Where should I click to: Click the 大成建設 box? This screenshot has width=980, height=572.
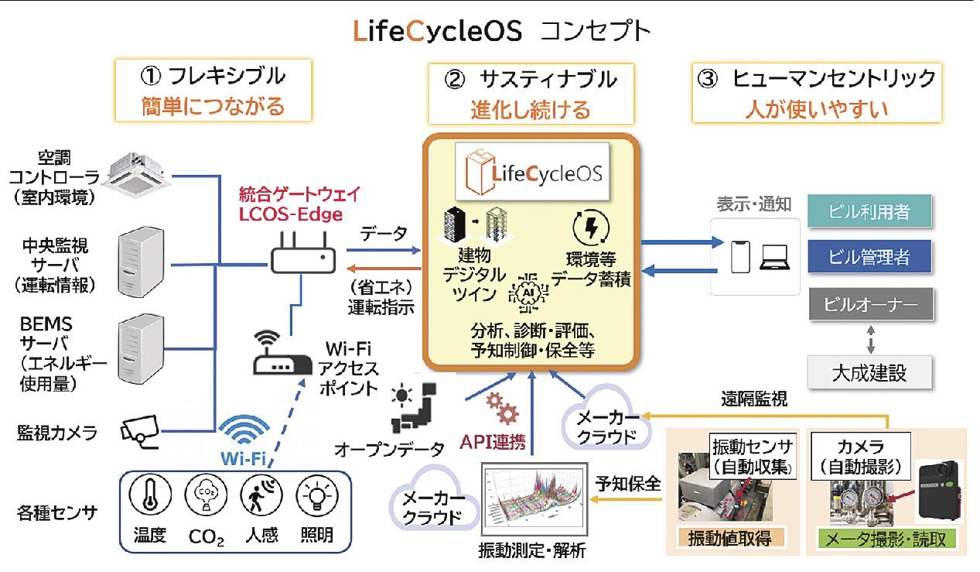pyautogui.click(x=869, y=372)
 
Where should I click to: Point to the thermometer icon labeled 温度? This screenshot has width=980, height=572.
pyautogui.click(x=145, y=495)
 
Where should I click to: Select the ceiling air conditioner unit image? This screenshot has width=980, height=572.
pyautogui.click(x=143, y=173)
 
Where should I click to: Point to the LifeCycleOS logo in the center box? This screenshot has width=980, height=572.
pyautogui.click(x=530, y=172)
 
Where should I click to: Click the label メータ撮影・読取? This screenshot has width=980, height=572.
pyautogui.click(x=887, y=537)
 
